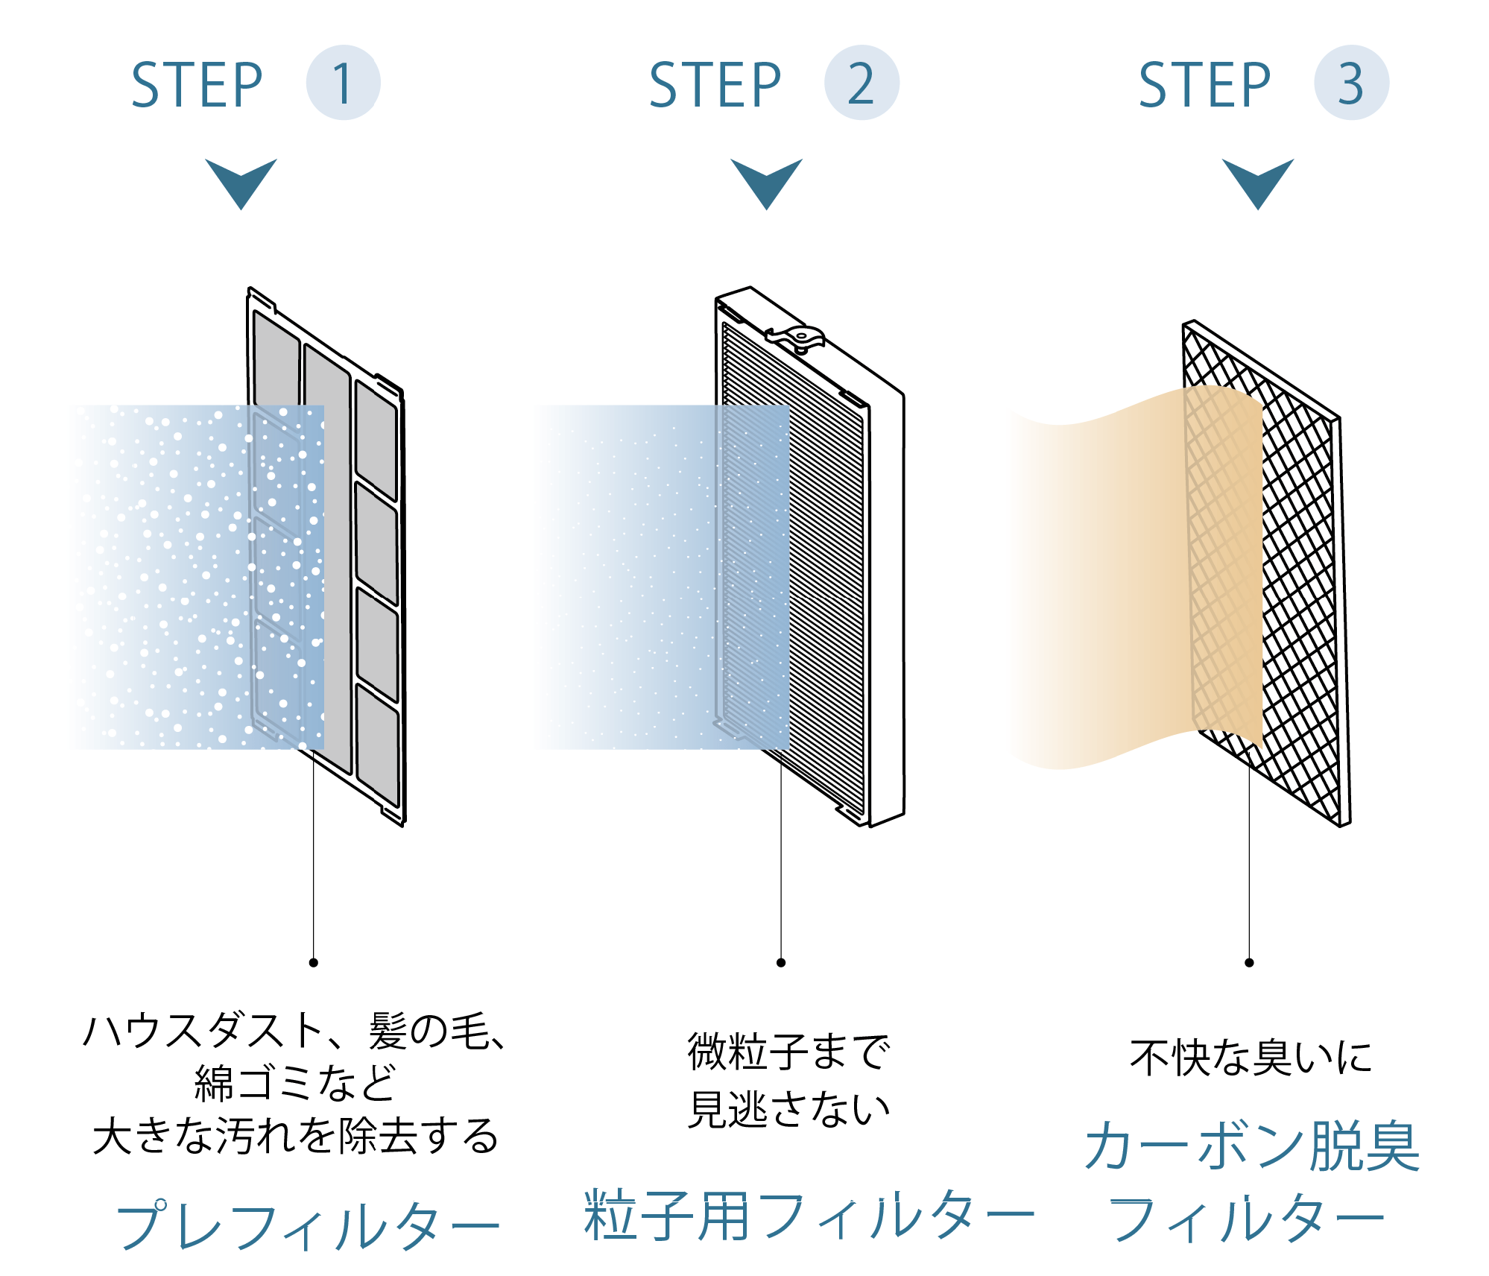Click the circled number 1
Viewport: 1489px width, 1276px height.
pos(343,83)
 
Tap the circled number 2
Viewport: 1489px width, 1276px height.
pos(861,83)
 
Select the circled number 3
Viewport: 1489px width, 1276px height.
pos(1350,83)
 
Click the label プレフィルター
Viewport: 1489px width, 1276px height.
pos(307,1225)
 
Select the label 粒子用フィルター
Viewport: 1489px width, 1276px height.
pos(809,1215)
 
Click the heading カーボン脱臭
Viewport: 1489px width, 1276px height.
pos(1252,1146)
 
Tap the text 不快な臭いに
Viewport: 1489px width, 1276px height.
pos(1251,1057)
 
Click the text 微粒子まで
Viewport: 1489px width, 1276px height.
pos(788,1052)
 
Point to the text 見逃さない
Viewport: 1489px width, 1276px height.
pos(788,1109)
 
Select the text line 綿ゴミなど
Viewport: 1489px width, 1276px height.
pos(295,1083)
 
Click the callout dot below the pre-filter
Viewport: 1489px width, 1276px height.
pos(314,962)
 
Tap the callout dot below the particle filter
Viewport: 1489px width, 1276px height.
pos(781,962)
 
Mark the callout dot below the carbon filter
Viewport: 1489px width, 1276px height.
pos(1249,962)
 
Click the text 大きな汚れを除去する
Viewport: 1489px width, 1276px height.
pos(295,1136)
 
